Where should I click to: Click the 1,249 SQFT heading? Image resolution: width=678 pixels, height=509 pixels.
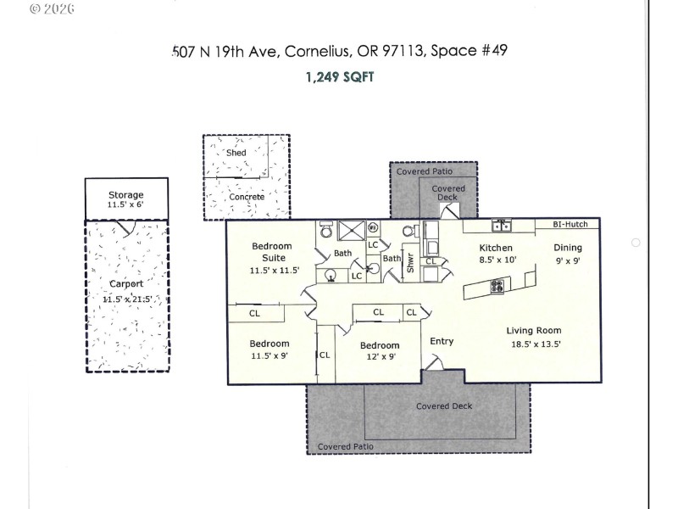[x=338, y=76]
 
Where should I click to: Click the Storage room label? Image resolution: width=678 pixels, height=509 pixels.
[x=125, y=195]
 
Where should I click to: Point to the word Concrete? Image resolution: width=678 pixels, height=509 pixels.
[x=246, y=197]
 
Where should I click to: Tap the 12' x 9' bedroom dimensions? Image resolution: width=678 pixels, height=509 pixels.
[x=379, y=357]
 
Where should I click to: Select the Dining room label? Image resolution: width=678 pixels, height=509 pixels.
[x=568, y=248]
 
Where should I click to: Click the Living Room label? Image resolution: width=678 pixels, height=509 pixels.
[x=533, y=331]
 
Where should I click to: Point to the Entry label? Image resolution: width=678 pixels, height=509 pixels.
[x=442, y=342]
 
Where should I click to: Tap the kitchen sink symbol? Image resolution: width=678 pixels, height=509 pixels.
[x=502, y=226]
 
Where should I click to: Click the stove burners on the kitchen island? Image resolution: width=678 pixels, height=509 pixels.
[x=497, y=286]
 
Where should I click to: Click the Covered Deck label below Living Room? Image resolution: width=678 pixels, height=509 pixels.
[x=443, y=406]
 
